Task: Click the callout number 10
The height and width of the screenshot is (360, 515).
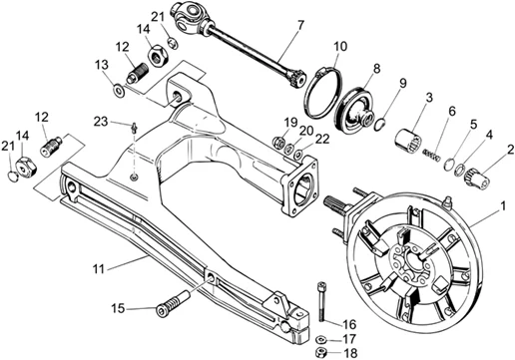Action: [339, 46]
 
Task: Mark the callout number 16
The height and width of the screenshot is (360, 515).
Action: [348, 325]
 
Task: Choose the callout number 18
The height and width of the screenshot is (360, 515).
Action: [348, 353]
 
